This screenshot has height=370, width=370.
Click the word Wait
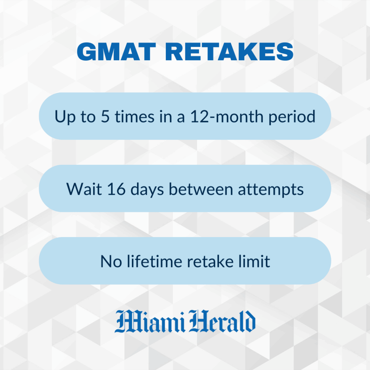(x=81, y=189)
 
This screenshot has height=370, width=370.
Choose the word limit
(x=256, y=261)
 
